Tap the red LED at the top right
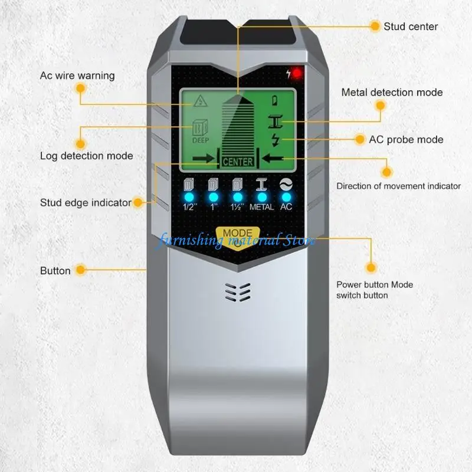tap(297, 73)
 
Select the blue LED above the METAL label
tap(262, 198)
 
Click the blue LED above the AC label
tap(286, 198)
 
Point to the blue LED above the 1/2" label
tap(189, 198)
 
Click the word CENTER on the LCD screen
tap(238, 162)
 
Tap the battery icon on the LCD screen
tap(275, 100)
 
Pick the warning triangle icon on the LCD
tap(200, 101)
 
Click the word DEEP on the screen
tap(201, 140)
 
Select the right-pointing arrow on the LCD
tap(204, 159)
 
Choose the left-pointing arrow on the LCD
tap(273, 158)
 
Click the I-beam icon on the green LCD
tap(275, 122)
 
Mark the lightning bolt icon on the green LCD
tap(275, 140)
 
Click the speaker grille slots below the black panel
tap(238, 292)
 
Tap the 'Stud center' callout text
tap(411, 27)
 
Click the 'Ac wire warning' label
tap(77, 76)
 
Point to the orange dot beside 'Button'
tap(81, 270)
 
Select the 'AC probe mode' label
tap(406, 140)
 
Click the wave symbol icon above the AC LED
tap(286, 184)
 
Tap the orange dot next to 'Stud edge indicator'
tap(138, 202)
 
